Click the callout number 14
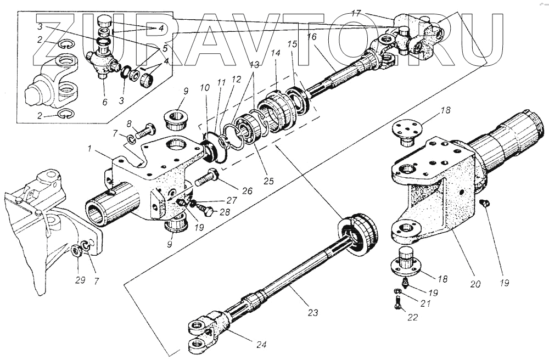click(274, 54)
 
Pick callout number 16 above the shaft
click(312, 37)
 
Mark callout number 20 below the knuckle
click(475, 284)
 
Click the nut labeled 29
click(75, 252)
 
